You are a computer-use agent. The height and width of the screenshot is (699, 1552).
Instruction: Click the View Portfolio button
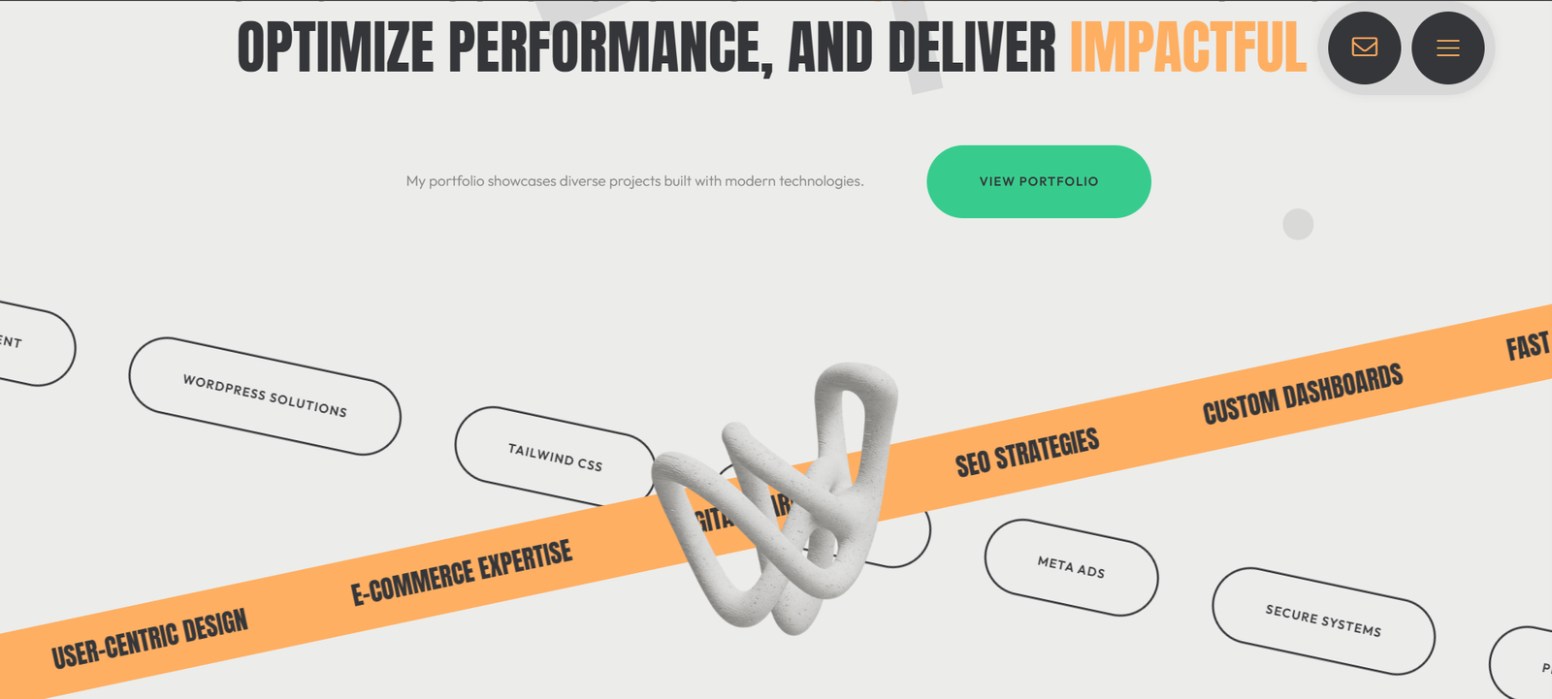point(1038,181)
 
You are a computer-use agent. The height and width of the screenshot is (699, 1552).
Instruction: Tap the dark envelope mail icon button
point(1364,48)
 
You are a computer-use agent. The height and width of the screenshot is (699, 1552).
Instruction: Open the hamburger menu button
point(1447,48)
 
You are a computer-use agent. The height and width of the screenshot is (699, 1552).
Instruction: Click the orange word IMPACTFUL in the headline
point(1187,48)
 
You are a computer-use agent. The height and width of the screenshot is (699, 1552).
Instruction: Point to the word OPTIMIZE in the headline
point(335,48)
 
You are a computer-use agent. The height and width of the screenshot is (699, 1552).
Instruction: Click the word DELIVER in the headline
point(971,48)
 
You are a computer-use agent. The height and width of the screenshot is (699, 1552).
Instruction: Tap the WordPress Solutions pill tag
point(265,396)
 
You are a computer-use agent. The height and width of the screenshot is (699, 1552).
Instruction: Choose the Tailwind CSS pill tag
point(555,457)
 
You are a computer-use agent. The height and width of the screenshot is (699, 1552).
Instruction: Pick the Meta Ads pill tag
point(1071,567)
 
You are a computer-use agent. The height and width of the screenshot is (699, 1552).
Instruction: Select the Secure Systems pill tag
point(1323,620)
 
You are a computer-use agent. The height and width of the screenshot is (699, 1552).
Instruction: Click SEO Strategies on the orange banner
point(1027,452)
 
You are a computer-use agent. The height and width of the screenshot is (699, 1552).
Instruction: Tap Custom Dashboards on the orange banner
point(1303,394)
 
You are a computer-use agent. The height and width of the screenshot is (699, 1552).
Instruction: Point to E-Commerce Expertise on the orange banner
point(461,572)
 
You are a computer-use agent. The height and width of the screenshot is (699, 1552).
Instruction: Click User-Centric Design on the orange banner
point(149,639)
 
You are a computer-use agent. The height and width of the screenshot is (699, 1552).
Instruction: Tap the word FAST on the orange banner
point(1527,345)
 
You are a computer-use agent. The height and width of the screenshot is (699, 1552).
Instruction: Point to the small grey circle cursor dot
point(1298,224)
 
